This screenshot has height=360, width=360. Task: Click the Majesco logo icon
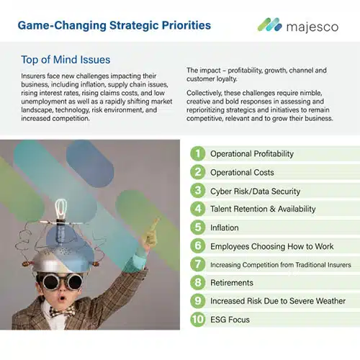tap(269, 24)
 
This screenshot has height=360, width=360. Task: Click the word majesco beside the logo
tap(312, 27)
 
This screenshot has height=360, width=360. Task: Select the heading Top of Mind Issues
tap(66, 60)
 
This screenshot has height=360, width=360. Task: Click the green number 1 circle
tap(198, 153)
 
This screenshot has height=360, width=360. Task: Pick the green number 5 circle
tap(198, 227)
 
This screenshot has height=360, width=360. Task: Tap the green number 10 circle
tap(198, 319)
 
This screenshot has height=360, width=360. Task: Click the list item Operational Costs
tap(242, 172)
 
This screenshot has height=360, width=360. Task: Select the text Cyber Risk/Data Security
tap(255, 192)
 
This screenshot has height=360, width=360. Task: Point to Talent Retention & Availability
tap(263, 209)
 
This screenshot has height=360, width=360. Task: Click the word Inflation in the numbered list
tap(225, 228)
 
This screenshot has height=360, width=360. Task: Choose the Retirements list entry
tap(232, 282)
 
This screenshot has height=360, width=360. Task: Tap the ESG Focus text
tap(230, 320)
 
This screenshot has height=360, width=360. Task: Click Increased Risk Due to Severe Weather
tap(278, 301)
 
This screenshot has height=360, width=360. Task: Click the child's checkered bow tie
tap(62, 311)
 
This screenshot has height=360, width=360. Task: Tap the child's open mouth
tap(62, 298)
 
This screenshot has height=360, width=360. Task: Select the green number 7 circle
tap(198, 264)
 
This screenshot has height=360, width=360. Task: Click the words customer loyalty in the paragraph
tap(212, 79)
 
